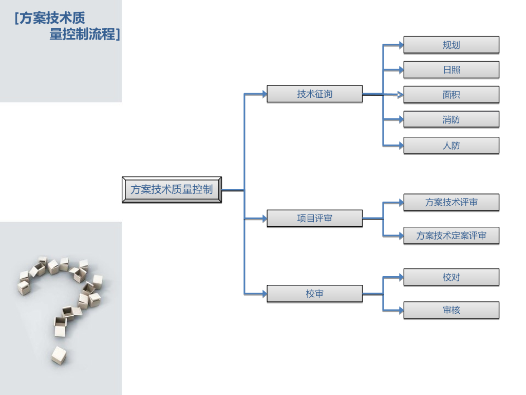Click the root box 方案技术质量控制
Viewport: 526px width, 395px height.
click(172, 189)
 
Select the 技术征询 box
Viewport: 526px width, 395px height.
click(314, 94)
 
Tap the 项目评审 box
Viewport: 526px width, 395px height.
click(314, 219)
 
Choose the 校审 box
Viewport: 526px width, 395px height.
click(314, 294)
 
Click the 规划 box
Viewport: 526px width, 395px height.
click(451, 45)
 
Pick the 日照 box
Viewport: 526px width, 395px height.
click(451, 69)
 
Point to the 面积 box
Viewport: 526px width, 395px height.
click(451, 95)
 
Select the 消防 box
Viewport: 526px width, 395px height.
click(451, 119)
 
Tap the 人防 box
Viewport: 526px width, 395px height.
click(451, 146)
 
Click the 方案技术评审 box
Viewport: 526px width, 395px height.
click(451, 203)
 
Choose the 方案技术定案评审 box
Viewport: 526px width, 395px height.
click(451, 236)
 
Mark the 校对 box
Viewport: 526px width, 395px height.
click(451, 277)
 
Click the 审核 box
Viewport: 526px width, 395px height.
click(451, 310)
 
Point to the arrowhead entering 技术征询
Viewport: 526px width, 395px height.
click(264, 94)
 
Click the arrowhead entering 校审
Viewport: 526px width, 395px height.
click(264, 294)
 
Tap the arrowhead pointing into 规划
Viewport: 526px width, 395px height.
click(401, 45)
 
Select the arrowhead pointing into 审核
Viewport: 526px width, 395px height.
click(401, 310)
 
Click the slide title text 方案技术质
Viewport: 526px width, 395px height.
click(50, 19)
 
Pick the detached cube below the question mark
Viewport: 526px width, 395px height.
click(59, 355)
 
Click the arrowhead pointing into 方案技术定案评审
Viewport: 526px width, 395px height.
click(401, 236)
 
